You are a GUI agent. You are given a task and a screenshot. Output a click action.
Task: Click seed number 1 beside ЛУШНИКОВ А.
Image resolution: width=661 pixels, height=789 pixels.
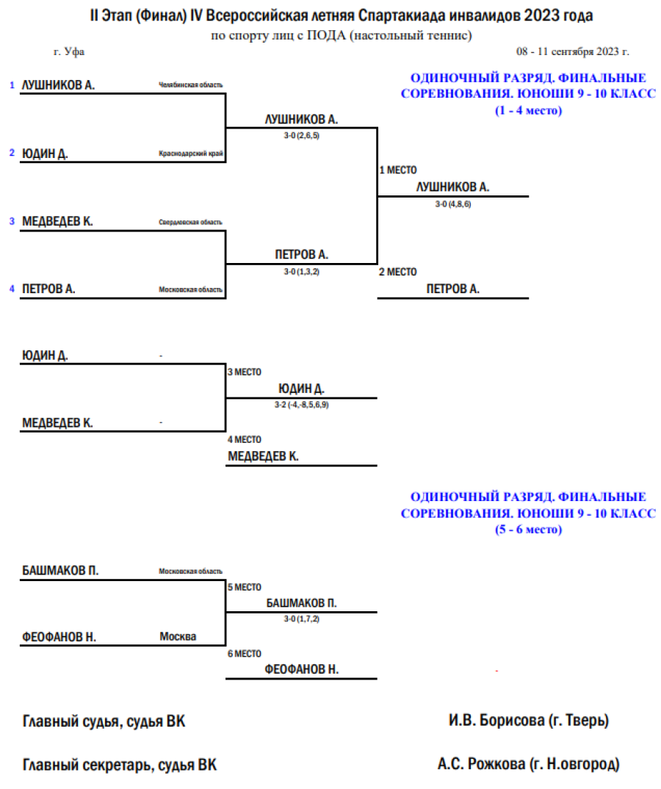pos(12,85)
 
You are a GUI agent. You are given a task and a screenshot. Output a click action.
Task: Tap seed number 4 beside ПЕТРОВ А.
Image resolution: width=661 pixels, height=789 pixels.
pos(12,289)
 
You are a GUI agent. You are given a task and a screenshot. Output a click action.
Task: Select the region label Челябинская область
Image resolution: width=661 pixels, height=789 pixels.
pos(190,85)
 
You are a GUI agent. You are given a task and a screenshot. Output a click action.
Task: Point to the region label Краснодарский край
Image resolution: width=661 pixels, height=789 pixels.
pos(190,154)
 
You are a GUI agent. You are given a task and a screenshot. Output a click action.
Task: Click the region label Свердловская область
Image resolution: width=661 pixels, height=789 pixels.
pos(190,222)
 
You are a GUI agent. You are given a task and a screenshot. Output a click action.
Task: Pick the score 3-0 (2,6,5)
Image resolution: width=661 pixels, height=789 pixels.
pos(301,136)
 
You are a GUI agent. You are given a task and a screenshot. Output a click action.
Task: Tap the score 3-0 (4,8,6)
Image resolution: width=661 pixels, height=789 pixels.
pos(452,204)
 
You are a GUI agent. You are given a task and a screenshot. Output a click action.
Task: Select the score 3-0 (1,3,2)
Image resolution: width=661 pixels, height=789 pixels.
pos(301,272)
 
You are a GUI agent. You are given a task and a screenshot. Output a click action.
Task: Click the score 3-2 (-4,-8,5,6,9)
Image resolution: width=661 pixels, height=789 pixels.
pos(301,406)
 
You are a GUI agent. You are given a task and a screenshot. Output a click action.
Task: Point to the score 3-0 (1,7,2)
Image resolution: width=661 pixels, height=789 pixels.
pos(301,619)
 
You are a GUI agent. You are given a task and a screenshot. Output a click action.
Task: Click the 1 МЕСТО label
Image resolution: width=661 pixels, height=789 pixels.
pos(398,170)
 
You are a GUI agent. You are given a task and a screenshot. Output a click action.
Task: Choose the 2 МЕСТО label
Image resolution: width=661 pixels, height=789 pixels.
pos(398,272)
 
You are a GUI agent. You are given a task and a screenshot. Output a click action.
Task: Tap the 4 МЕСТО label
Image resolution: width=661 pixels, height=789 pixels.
pos(244,440)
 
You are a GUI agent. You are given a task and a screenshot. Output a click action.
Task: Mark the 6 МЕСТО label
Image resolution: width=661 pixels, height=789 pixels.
pos(244,654)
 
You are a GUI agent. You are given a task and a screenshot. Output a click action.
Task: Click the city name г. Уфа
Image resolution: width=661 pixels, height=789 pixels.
pos(70,52)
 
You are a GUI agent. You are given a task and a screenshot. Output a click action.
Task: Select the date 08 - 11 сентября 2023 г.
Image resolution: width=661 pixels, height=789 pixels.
pos(572,52)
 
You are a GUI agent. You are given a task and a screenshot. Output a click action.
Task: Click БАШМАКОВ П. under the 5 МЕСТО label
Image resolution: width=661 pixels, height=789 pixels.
pos(301,602)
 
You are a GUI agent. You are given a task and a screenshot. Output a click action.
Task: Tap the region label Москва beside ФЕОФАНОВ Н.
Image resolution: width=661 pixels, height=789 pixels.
pos(178,637)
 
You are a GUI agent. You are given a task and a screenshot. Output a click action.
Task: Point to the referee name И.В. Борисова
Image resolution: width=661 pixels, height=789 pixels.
pos(529,721)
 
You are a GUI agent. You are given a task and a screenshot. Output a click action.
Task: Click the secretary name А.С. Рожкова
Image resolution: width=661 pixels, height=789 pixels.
pos(528,764)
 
